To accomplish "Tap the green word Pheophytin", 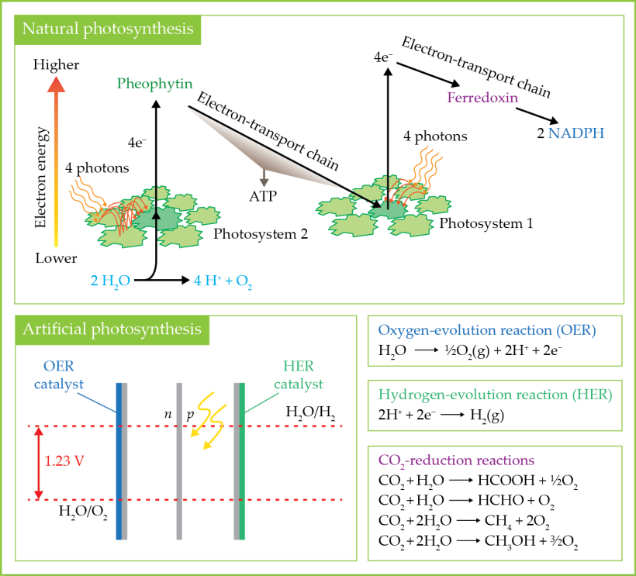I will [x=155, y=84].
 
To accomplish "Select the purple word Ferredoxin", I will [x=482, y=98].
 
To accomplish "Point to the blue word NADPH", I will [x=575, y=133].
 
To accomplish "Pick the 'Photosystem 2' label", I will [x=255, y=233].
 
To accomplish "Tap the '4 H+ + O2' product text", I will [x=223, y=281].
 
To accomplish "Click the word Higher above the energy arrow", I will [x=56, y=65].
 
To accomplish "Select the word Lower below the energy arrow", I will [x=56, y=258].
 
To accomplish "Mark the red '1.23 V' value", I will [x=64, y=460].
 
